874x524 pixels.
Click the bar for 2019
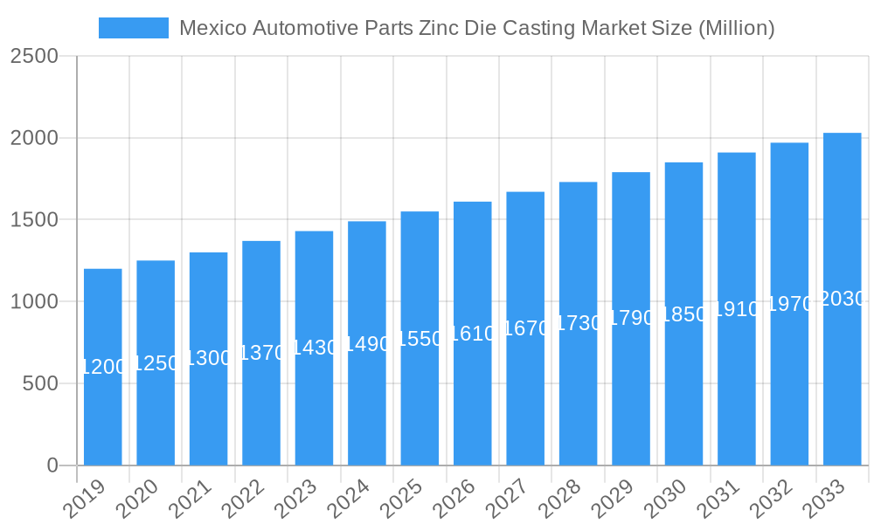click(103, 410)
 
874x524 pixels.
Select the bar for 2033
click(843, 384)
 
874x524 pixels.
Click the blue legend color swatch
click(134, 28)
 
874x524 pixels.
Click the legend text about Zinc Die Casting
click(476, 28)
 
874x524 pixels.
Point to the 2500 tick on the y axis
click(34, 57)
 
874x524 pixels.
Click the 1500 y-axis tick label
click(34, 220)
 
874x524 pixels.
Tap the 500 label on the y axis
click(40, 383)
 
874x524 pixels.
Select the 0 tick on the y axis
click(52, 465)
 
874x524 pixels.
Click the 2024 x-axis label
click(350, 500)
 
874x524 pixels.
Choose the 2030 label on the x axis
click(667, 500)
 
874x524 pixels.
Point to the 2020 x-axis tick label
click(139, 500)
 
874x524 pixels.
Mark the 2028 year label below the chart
click(561, 500)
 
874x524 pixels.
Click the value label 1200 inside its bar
click(103, 367)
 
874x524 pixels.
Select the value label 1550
click(420, 339)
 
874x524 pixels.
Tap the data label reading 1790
click(631, 318)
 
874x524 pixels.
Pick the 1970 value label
click(789, 304)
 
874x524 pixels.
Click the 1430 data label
click(314, 348)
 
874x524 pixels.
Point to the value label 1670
click(525, 328)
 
